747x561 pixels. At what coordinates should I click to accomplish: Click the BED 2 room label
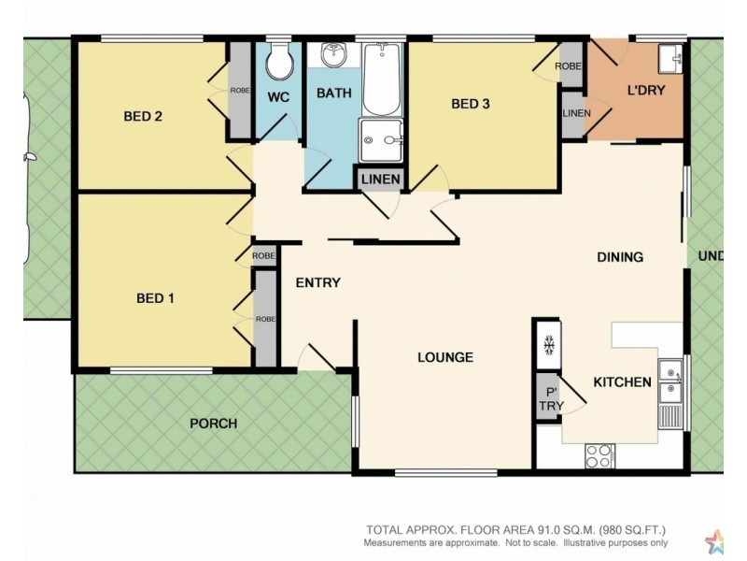(143, 117)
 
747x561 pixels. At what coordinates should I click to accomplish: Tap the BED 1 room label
(155, 298)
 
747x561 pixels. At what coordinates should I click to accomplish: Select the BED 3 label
(471, 104)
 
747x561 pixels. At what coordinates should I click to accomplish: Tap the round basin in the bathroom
(332, 57)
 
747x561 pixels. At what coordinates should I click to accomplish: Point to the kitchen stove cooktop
(599, 456)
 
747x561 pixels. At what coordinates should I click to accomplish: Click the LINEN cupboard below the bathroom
(380, 180)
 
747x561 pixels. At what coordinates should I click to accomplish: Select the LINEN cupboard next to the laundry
(572, 113)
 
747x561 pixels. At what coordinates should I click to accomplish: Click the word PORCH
(213, 424)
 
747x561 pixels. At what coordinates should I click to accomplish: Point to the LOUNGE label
(445, 357)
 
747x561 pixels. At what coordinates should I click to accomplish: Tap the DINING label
(620, 257)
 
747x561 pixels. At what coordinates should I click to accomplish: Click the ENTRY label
(317, 283)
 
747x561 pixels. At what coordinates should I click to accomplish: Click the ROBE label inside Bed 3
(569, 66)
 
